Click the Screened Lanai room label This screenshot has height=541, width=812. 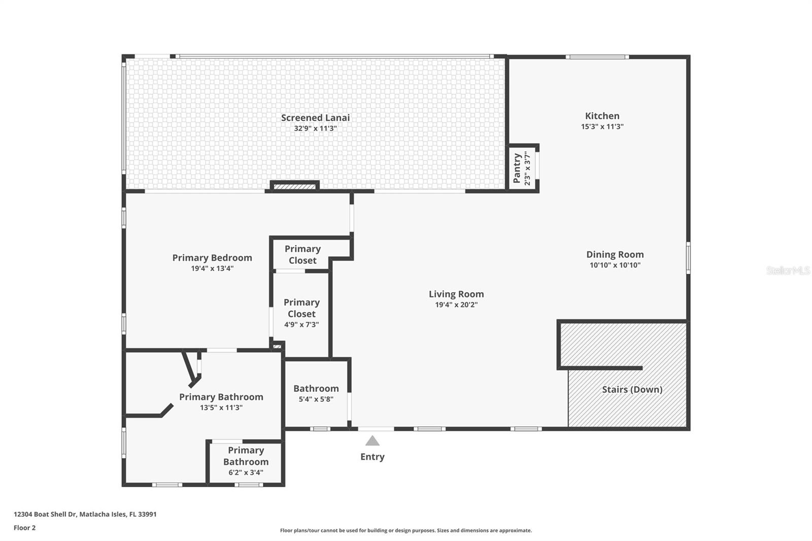pyautogui.click(x=315, y=118)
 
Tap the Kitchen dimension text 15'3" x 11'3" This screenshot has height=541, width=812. pyautogui.click(x=602, y=127)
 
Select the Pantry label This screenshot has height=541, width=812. pyautogui.click(x=517, y=168)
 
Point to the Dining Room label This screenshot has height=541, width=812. pyautogui.click(x=615, y=255)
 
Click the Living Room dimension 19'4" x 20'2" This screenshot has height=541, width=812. pyautogui.click(x=456, y=305)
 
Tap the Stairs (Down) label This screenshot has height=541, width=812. pyautogui.click(x=632, y=390)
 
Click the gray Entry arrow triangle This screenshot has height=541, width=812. pyautogui.click(x=373, y=441)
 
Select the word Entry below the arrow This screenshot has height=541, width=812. pyautogui.click(x=373, y=457)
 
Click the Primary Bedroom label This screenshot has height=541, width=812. pyautogui.click(x=212, y=258)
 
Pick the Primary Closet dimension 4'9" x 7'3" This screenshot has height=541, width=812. pyautogui.click(x=301, y=325)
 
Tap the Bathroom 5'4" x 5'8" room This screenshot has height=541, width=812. pyautogui.click(x=316, y=393)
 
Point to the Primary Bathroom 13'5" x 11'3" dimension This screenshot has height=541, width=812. pyautogui.click(x=221, y=408)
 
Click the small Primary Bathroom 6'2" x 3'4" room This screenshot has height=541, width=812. pyautogui.click(x=246, y=461)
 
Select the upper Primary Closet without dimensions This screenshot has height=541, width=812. pyautogui.click(x=302, y=254)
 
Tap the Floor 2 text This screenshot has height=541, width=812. pyautogui.click(x=24, y=528)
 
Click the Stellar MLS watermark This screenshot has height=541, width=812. pyautogui.click(x=788, y=270)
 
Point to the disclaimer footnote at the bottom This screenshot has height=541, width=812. pyautogui.click(x=405, y=530)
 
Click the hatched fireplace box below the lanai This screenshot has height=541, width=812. pyautogui.click(x=294, y=187)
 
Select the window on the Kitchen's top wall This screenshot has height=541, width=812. pyautogui.click(x=597, y=57)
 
